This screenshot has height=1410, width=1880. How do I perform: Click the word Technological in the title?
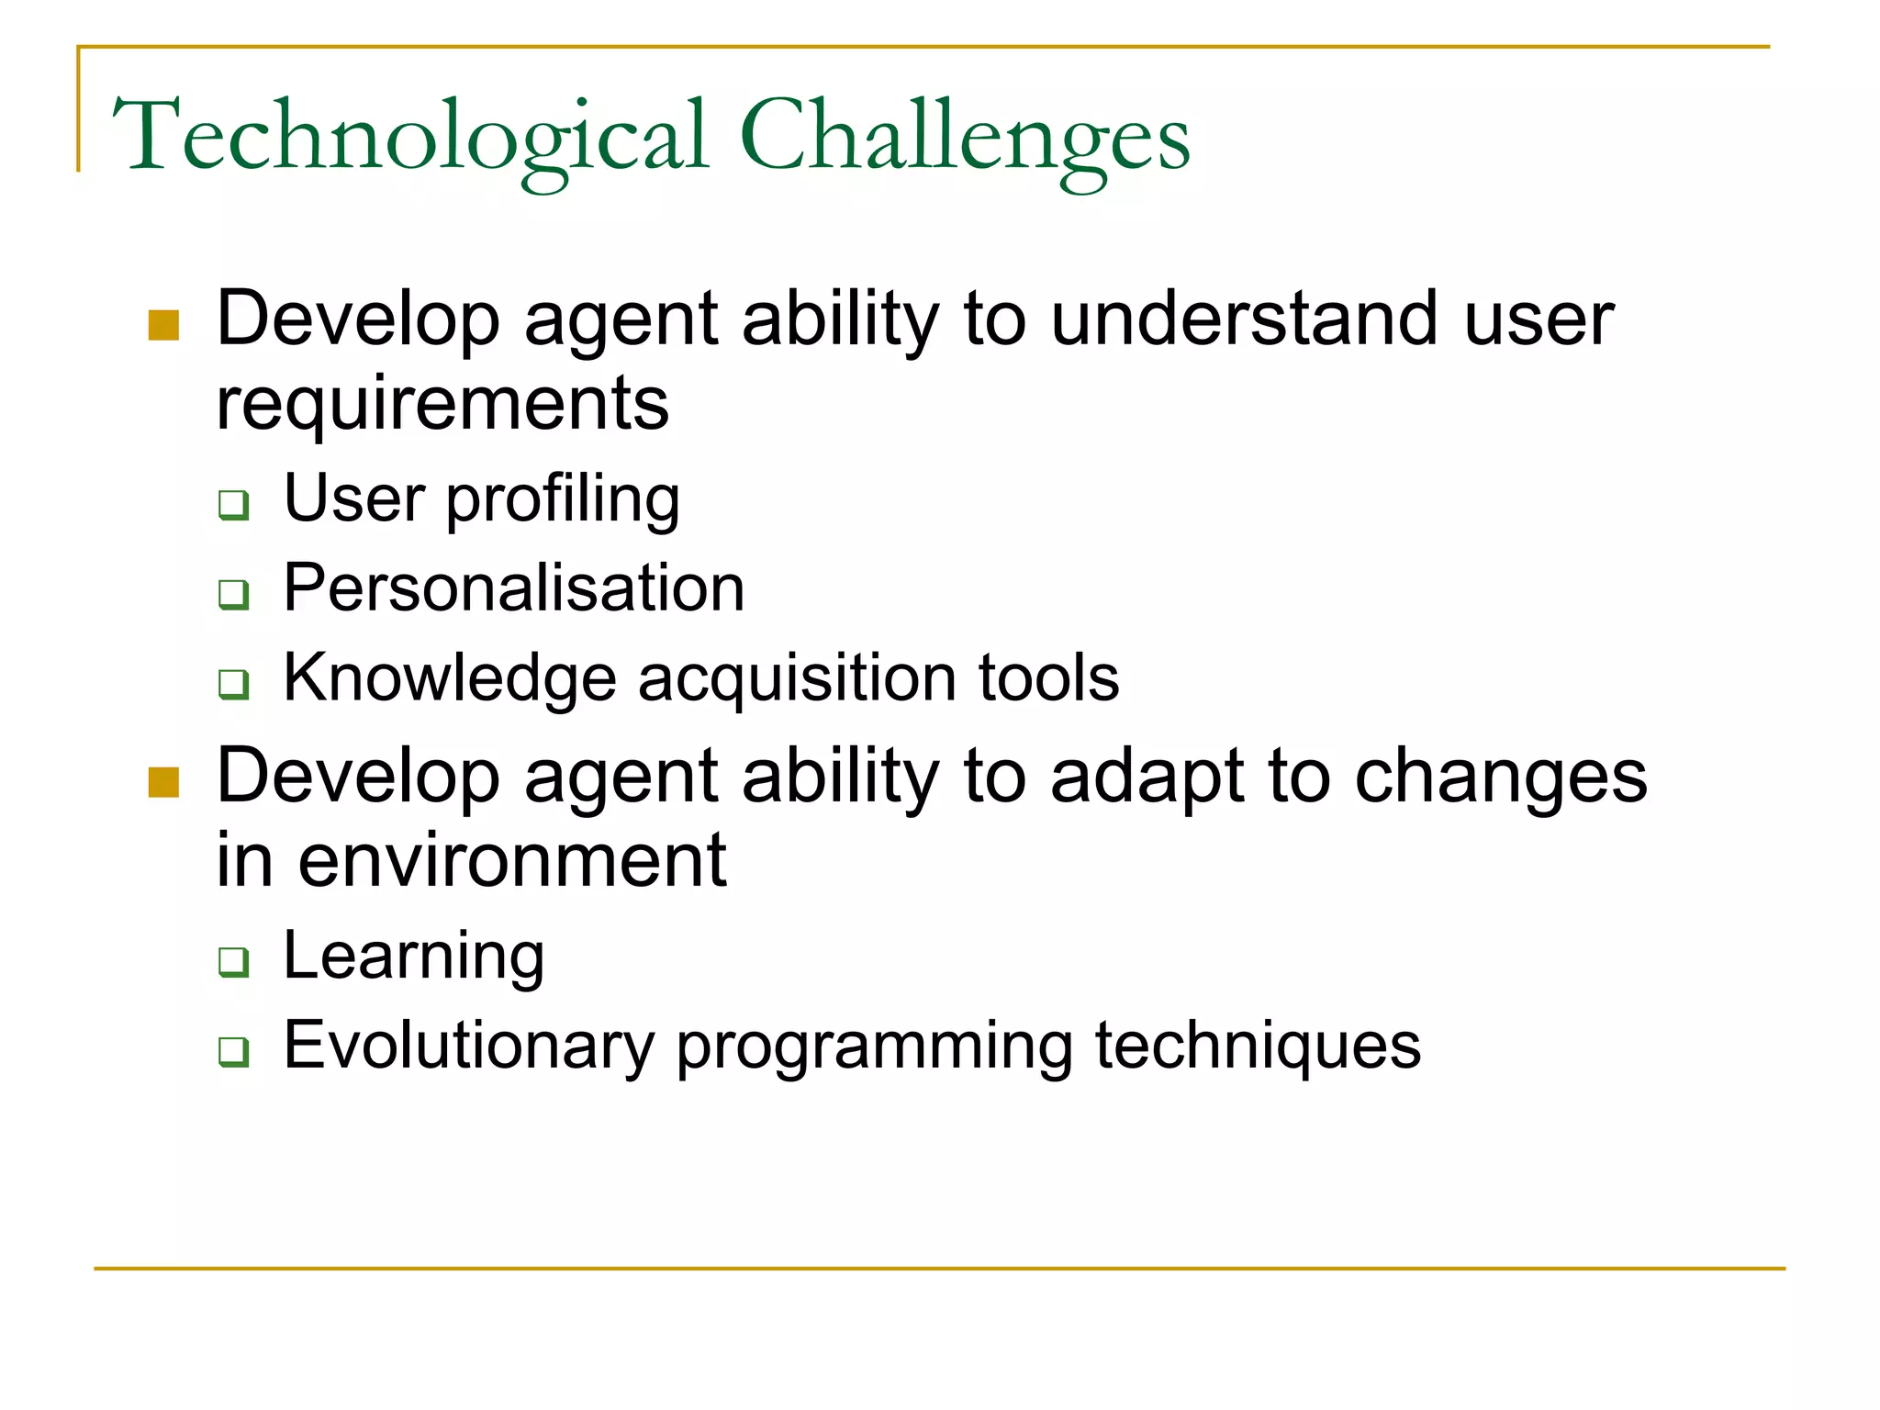click(x=410, y=138)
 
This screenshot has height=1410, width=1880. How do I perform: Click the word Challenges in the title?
click(x=964, y=138)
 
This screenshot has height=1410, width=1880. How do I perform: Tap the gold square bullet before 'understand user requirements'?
click(x=163, y=325)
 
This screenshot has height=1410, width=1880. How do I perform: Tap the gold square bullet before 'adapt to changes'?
click(x=163, y=782)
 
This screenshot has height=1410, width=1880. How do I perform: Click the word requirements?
click(x=442, y=404)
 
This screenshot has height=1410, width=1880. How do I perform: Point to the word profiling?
click(x=563, y=500)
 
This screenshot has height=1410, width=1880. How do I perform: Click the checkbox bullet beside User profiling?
click(x=233, y=504)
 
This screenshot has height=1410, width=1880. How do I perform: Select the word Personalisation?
click(x=513, y=587)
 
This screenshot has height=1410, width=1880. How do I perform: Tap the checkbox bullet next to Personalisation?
click(x=233, y=594)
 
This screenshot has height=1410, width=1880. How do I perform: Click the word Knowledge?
click(x=449, y=678)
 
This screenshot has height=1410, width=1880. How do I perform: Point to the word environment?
click(x=511, y=860)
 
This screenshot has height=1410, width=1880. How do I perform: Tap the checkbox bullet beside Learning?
click(x=233, y=961)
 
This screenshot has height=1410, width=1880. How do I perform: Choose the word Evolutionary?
click(x=468, y=1046)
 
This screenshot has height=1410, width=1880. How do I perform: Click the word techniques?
click(x=1258, y=1046)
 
